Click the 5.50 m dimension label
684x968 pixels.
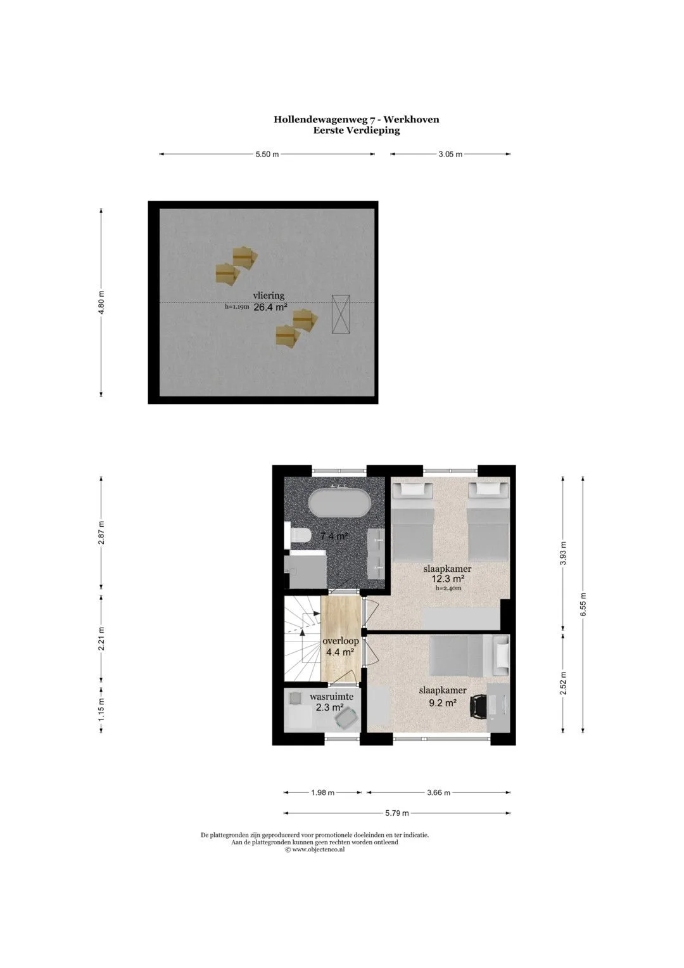[267, 154]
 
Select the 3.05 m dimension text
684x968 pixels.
[450, 154]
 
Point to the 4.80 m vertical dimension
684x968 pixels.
[101, 302]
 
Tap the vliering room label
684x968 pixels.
[269, 295]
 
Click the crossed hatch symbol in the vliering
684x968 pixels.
[340, 314]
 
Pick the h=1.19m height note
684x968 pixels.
[237, 307]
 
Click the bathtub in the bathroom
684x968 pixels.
[339, 502]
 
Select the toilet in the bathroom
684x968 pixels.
[298, 535]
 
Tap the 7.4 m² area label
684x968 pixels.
[334, 536]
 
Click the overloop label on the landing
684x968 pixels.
[341, 641]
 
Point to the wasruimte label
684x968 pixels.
[332, 697]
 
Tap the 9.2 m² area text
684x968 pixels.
[443, 702]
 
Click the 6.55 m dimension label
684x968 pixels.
[583, 605]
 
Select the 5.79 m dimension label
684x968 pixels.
[397, 813]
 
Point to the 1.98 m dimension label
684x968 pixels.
[322, 792]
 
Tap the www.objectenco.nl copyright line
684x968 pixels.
[315, 849]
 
